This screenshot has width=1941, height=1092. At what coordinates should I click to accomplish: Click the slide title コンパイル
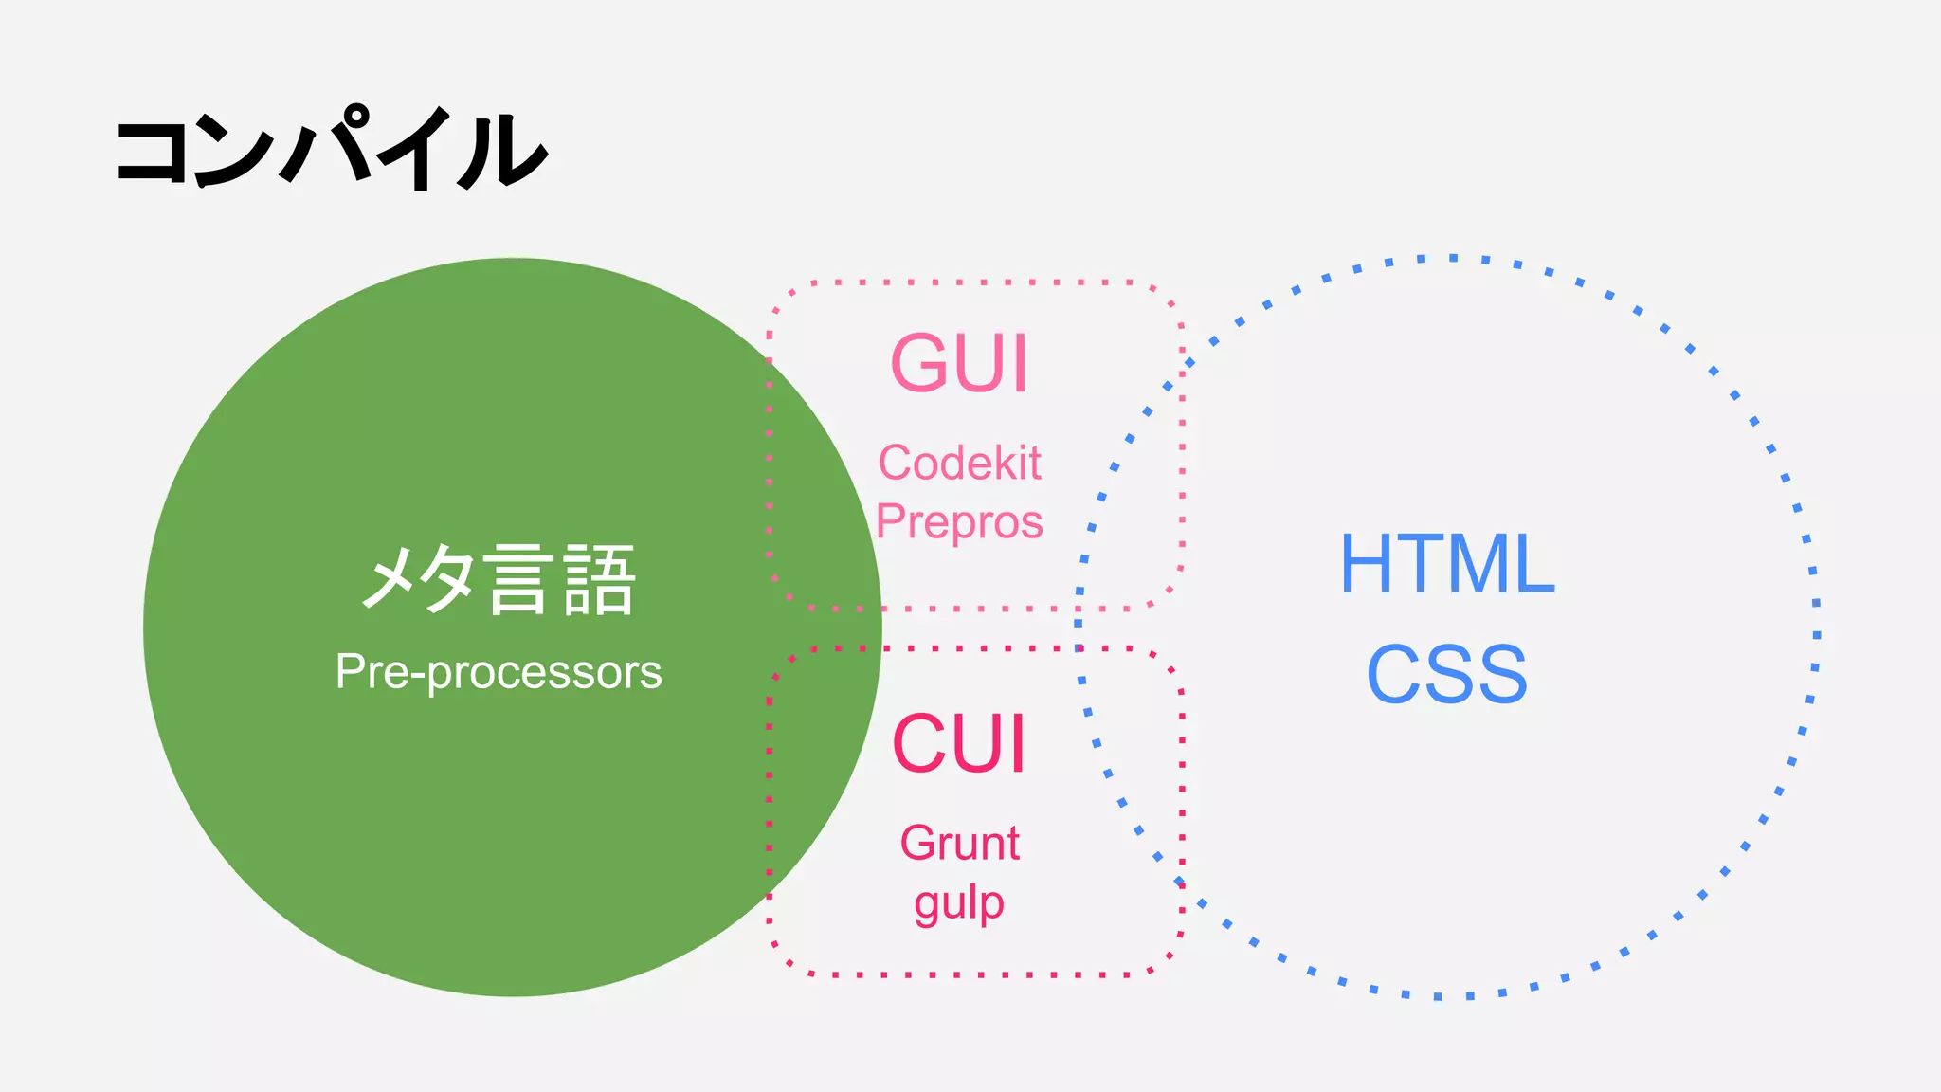coord(331,150)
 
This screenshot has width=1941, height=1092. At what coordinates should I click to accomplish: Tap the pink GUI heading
coord(959,363)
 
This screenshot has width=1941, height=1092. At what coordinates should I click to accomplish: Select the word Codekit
coord(959,464)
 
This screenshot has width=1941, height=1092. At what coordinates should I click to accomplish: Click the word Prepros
coord(959,522)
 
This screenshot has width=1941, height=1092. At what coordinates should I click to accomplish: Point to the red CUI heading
coord(959,744)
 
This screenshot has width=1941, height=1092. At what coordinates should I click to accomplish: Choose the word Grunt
coord(959,843)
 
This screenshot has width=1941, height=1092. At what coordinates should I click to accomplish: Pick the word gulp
coord(959,903)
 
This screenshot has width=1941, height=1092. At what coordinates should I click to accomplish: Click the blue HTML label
coord(1447,564)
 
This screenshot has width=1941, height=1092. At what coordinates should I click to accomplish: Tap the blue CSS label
coord(1447,674)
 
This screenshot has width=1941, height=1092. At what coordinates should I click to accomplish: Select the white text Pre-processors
coord(499,672)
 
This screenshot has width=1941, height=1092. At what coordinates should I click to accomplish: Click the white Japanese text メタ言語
coord(499,579)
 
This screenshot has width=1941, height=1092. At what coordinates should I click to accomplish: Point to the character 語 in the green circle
coord(599,580)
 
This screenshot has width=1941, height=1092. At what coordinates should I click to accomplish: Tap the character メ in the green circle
coord(391,580)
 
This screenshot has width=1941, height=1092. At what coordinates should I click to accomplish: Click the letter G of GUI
coord(921,363)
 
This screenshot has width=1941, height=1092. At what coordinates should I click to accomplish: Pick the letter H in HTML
coord(1370,564)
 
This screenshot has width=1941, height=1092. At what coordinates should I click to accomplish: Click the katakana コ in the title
coord(152,152)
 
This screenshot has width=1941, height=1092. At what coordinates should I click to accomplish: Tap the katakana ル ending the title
coord(502,152)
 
